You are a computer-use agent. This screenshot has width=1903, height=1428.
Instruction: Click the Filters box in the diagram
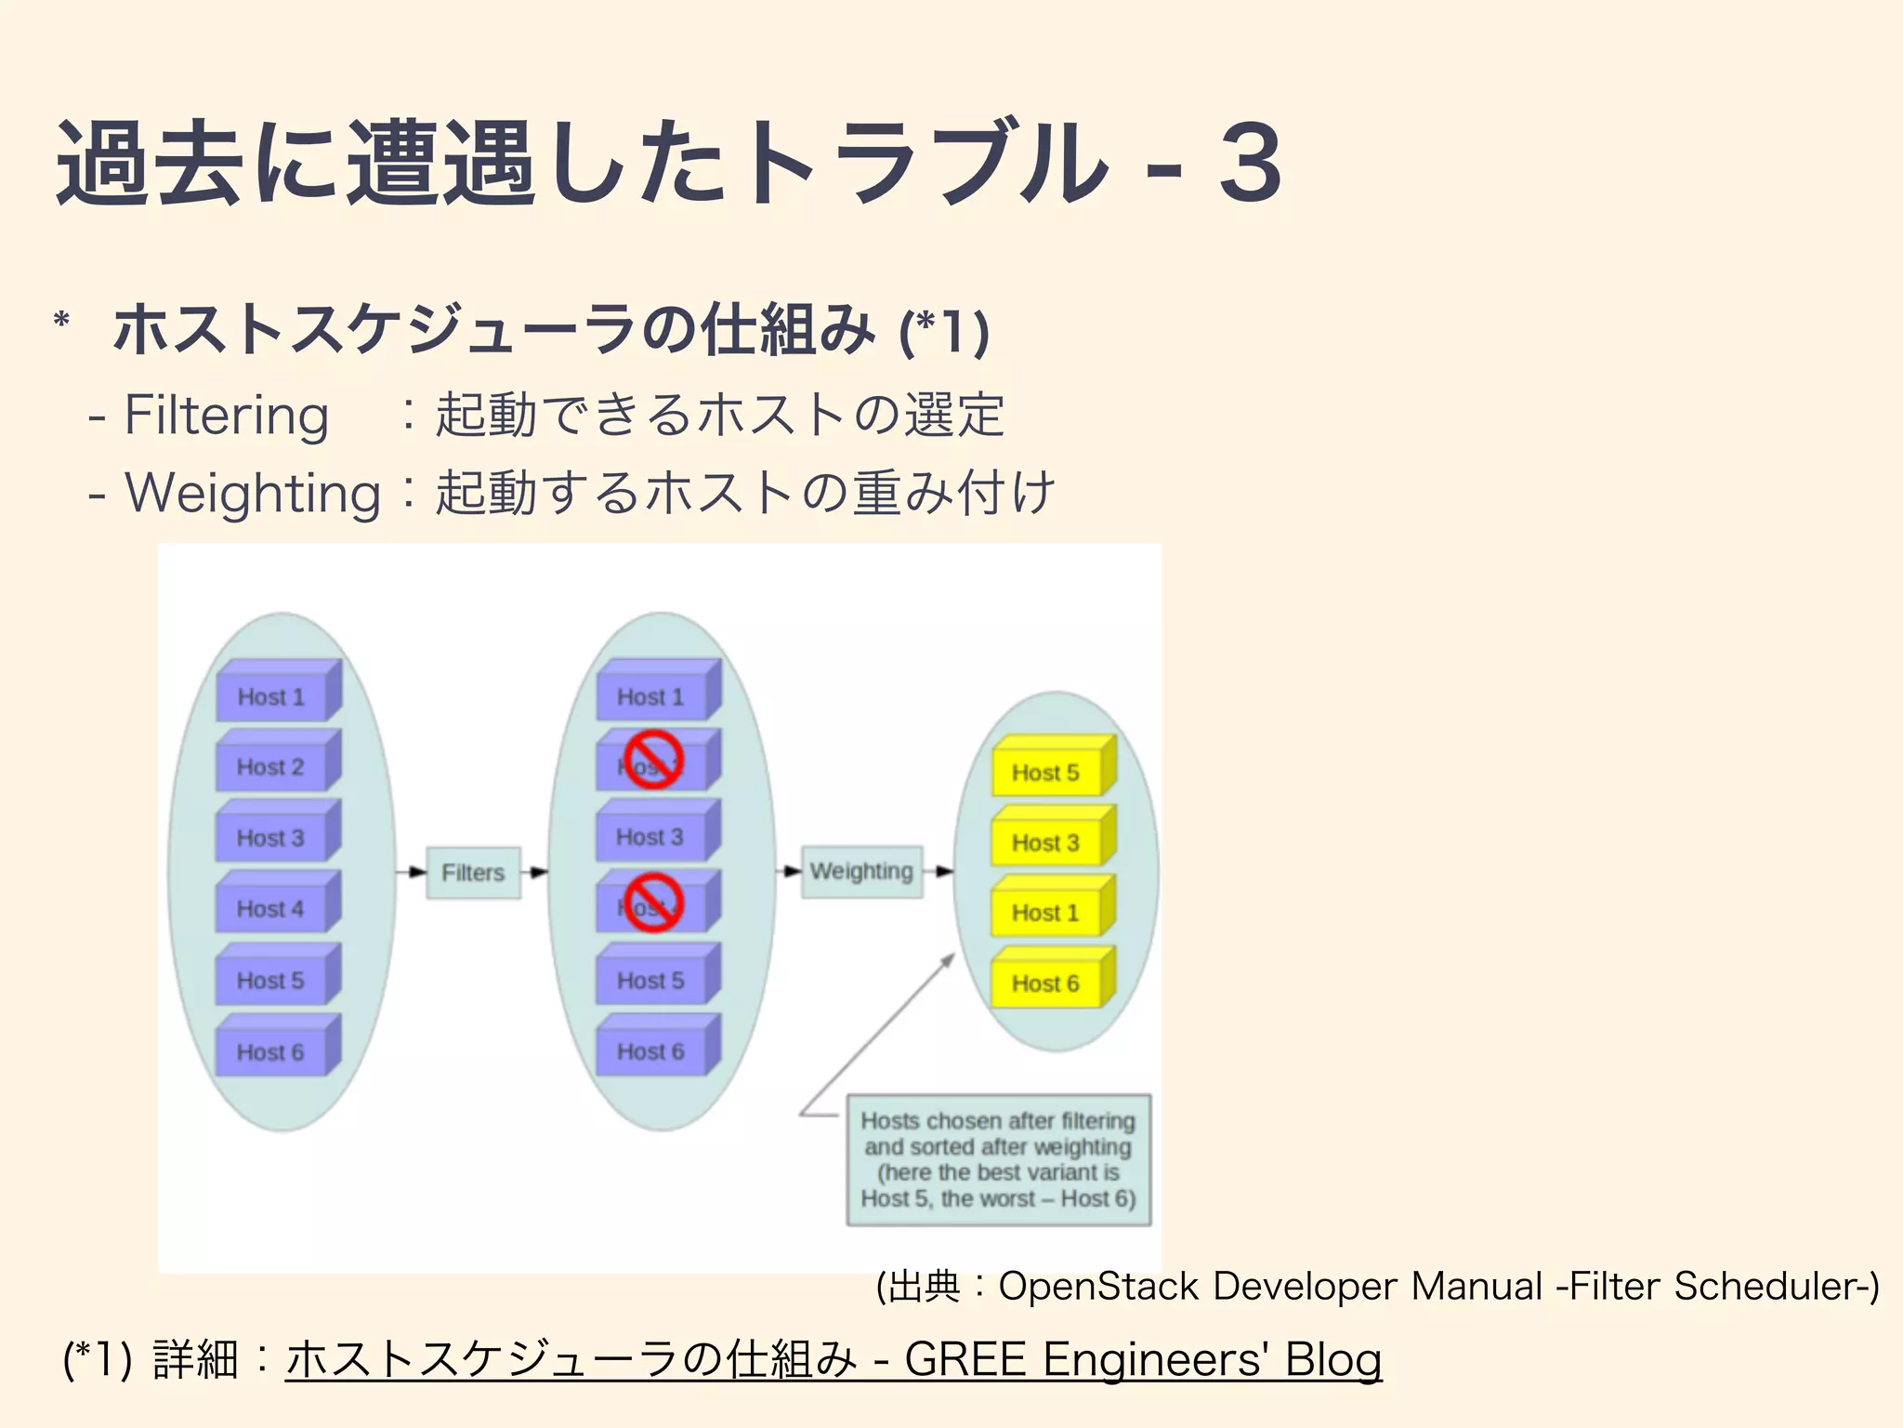(473, 872)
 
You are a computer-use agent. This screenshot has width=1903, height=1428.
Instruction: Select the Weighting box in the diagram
(861, 871)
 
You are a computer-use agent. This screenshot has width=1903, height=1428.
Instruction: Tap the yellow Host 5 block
(1046, 773)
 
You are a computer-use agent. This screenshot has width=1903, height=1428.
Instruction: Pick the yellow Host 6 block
(1046, 984)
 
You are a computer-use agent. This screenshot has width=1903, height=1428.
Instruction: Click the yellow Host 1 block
(1046, 913)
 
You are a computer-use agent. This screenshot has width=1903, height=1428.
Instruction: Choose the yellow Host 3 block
(1046, 843)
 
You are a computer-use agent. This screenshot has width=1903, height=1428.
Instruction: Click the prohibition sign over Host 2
(653, 759)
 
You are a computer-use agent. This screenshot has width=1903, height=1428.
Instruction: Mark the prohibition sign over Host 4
(653, 902)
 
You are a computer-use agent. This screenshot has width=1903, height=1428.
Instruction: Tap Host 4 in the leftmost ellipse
(271, 908)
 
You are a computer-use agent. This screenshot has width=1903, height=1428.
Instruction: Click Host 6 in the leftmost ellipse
(271, 1051)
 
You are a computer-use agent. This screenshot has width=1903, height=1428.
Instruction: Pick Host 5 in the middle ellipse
(651, 980)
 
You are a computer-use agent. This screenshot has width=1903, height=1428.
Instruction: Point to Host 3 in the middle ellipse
(650, 837)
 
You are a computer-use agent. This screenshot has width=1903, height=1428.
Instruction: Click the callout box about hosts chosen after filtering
(999, 1159)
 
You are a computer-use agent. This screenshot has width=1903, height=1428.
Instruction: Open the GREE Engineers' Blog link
(833, 1359)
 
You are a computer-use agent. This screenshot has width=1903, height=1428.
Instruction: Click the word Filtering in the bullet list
(227, 415)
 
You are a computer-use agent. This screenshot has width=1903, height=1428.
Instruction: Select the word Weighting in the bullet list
(253, 493)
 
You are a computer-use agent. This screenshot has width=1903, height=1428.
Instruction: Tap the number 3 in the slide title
(1250, 164)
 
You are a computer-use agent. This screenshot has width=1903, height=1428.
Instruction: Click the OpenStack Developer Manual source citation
(1377, 1287)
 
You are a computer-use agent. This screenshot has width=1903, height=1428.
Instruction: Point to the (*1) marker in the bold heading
(944, 331)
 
